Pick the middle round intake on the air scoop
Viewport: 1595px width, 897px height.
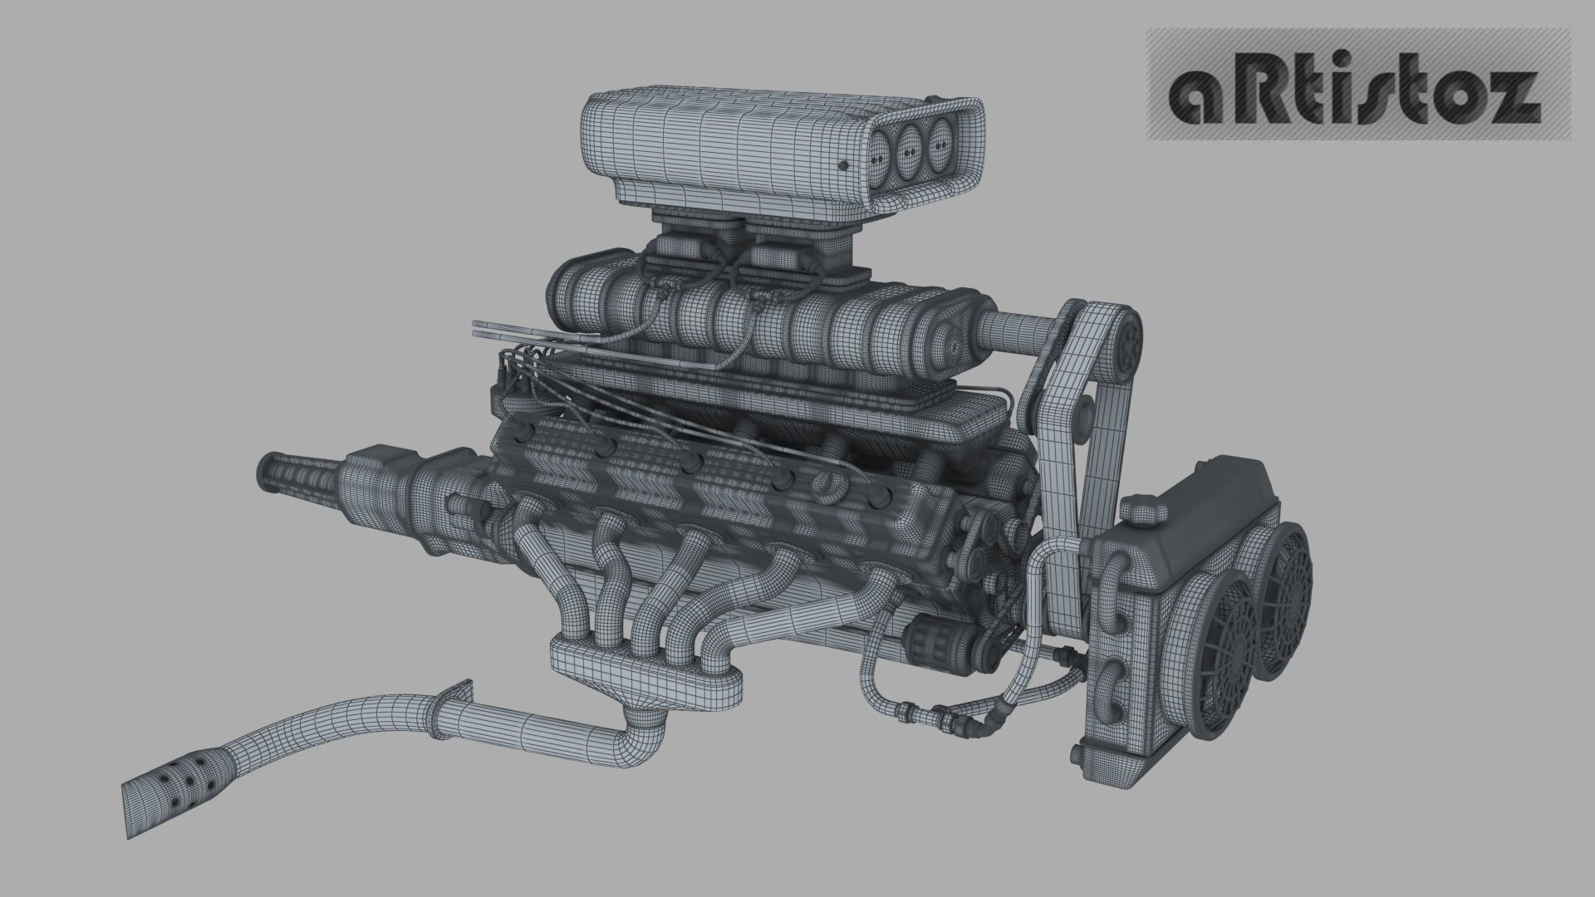pyautogui.click(x=910, y=145)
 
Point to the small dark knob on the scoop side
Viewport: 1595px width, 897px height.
pyautogui.click(x=845, y=166)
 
